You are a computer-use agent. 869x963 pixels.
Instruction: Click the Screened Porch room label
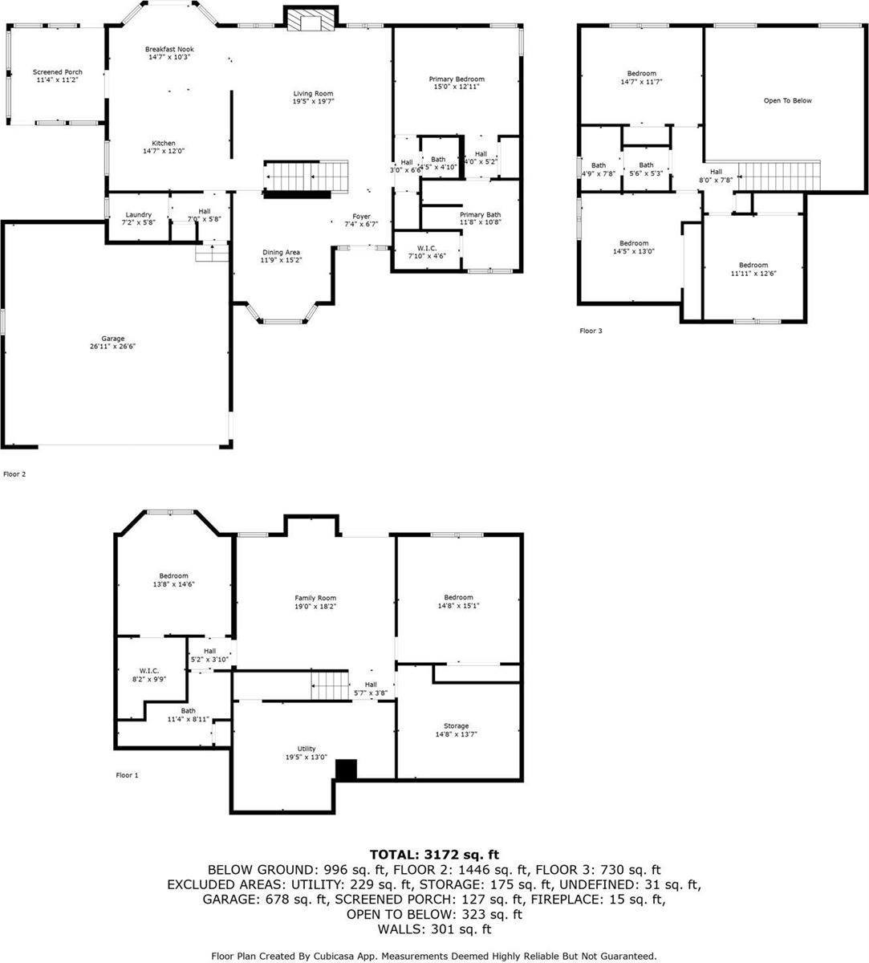pos(58,72)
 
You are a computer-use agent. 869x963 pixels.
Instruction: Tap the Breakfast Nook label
pos(169,49)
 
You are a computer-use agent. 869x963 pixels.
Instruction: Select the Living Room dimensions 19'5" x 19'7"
pos(313,102)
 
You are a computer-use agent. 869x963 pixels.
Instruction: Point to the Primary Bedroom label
pos(457,79)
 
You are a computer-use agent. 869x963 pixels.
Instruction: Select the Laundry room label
pos(139,214)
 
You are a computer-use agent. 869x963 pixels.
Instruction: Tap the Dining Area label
pos(280,252)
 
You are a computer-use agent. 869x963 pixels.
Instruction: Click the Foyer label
pos(362,216)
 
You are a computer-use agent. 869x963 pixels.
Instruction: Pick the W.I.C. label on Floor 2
pos(426,247)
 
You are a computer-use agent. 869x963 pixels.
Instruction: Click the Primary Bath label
pos(481,214)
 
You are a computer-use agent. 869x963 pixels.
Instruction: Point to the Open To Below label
pos(787,100)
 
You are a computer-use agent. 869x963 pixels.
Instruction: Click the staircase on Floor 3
pos(779,174)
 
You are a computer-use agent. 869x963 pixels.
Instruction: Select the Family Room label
pos(315,598)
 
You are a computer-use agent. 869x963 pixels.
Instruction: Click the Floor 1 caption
pos(127,775)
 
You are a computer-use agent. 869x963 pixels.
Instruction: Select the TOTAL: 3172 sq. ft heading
pos(434,855)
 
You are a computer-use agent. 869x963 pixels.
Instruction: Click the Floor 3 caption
pos(590,331)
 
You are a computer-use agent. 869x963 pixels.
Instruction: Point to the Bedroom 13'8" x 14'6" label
pos(173,575)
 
